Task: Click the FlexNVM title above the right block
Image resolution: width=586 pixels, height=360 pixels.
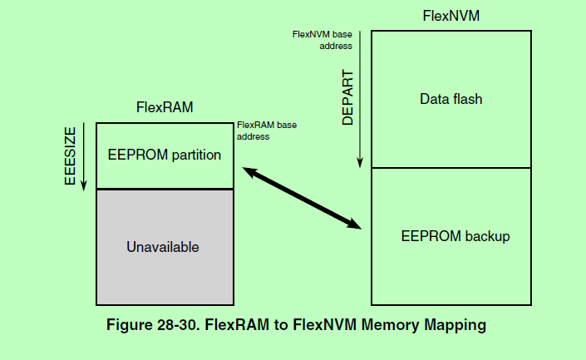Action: (x=450, y=15)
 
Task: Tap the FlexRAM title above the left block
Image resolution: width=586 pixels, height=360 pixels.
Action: (x=165, y=108)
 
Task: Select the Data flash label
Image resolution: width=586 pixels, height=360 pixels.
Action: (x=451, y=100)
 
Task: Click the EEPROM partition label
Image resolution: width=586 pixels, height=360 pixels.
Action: (x=165, y=155)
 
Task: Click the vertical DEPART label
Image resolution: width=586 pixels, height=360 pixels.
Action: (x=348, y=98)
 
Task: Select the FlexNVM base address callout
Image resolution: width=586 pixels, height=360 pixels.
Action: (x=323, y=41)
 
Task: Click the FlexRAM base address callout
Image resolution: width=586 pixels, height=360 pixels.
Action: (x=267, y=130)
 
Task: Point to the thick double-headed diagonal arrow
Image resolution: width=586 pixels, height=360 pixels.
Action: (x=303, y=197)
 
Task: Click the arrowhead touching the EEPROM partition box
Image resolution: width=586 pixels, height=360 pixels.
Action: (x=248, y=170)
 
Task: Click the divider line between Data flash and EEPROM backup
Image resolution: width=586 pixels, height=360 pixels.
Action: (x=451, y=168)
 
